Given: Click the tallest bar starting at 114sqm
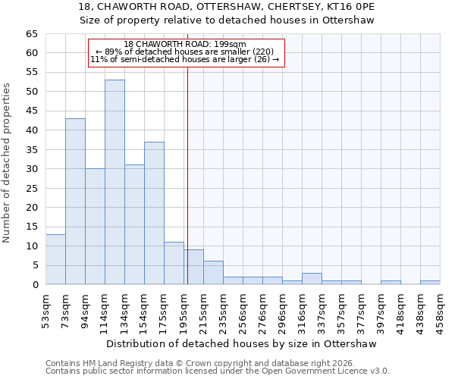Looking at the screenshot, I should point(115,182).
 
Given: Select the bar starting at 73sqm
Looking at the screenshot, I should point(75,201).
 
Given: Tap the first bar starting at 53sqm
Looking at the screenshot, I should point(55,259).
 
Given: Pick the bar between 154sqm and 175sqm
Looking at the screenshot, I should point(154,213).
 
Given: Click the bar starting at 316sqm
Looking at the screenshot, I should point(312,279).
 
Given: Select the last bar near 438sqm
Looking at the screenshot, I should point(430,283).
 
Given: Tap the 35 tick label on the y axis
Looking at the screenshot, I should point(32,150).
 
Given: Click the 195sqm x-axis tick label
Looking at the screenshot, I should point(184,309).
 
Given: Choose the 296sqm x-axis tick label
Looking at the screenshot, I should point(282,309).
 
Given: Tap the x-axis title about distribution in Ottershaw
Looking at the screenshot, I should point(243,343).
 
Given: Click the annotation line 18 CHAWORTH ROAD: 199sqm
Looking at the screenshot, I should point(186,44).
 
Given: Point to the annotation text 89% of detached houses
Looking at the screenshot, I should point(186,52).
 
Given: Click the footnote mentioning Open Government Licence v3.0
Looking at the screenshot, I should point(218,371).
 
